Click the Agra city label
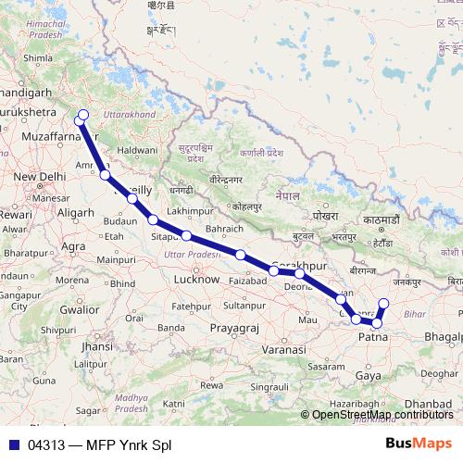72,246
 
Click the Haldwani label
137,149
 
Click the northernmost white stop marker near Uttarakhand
82,116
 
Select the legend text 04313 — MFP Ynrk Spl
100,444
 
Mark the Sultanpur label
244,305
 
